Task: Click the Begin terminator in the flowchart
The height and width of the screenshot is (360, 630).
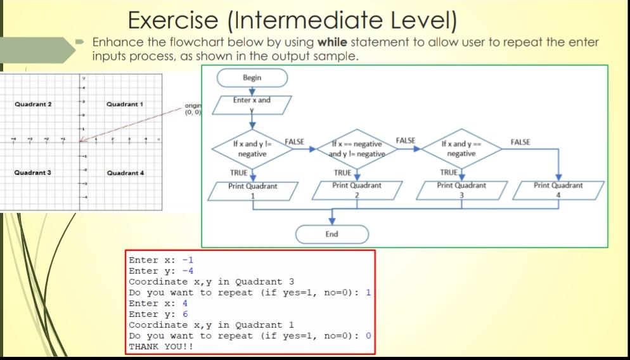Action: tap(252, 77)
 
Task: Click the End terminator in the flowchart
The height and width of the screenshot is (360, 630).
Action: tap(331, 235)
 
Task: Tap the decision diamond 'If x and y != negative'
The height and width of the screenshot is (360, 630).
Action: tap(252, 150)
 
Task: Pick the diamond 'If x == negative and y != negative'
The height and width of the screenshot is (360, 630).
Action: tap(357, 150)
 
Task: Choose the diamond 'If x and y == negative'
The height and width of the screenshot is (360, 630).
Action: tap(461, 150)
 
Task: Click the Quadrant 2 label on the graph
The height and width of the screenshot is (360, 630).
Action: tap(33, 104)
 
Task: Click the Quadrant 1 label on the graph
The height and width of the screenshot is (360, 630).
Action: tap(125, 104)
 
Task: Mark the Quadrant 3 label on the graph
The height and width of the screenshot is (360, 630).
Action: tap(33, 172)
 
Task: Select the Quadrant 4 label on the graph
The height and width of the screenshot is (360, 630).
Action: tap(125, 172)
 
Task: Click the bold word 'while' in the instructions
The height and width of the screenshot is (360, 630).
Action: tap(332, 42)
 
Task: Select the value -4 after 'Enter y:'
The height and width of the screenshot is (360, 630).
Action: tap(188, 271)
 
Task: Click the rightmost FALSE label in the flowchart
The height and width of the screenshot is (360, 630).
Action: tap(520, 143)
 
